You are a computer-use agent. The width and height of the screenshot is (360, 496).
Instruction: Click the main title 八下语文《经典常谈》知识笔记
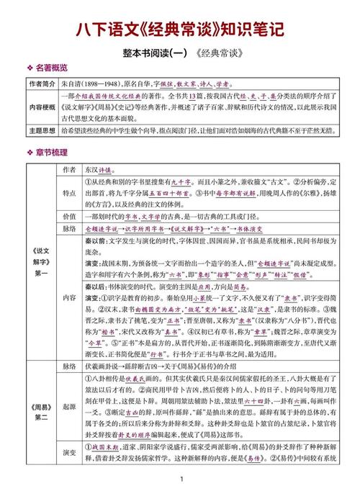tap(180, 30)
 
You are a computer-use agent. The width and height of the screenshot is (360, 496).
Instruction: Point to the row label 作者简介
tap(42, 84)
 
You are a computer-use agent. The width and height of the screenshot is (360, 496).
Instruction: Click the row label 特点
tap(69, 193)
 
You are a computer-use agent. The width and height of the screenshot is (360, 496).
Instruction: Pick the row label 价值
tap(69, 216)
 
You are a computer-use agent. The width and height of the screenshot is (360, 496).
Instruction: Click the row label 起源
tap(69, 407)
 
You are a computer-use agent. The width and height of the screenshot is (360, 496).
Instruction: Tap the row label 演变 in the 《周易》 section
tap(69, 455)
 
